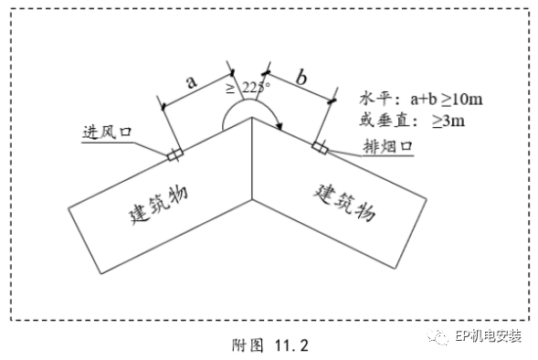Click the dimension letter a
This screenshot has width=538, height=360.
tap(192, 80)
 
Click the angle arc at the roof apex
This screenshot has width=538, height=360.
tap(252, 103)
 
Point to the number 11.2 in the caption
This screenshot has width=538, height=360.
tap(293, 345)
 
